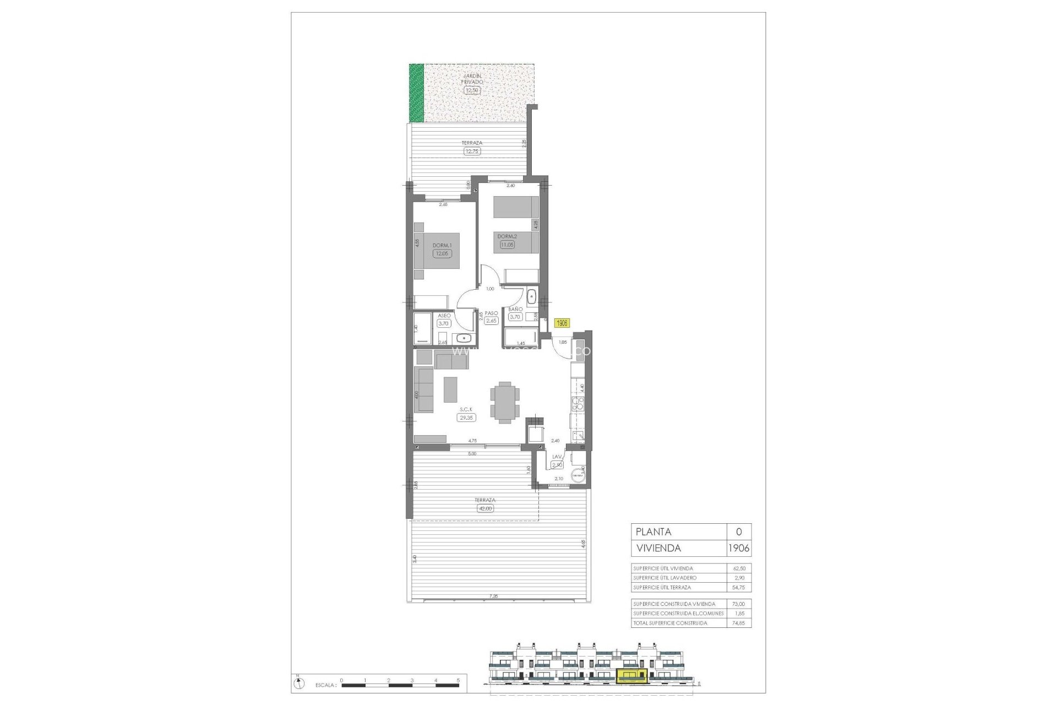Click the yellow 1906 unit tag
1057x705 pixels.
click(x=562, y=323)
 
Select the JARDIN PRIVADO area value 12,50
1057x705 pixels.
click(x=472, y=90)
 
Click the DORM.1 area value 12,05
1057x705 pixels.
click(x=442, y=254)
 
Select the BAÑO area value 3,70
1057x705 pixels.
click(x=515, y=317)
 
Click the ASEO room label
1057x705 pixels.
click(x=444, y=316)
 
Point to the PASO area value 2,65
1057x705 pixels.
click(x=491, y=321)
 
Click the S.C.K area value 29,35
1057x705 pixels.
click(x=466, y=417)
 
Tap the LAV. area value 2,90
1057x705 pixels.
click(x=557, y=465)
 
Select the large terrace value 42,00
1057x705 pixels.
click(x=486, y=508)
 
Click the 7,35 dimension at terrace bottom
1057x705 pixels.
click(x=493, y=596)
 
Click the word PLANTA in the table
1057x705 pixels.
click(x=653, y=532)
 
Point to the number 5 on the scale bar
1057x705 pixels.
click(x=458, y=680)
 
